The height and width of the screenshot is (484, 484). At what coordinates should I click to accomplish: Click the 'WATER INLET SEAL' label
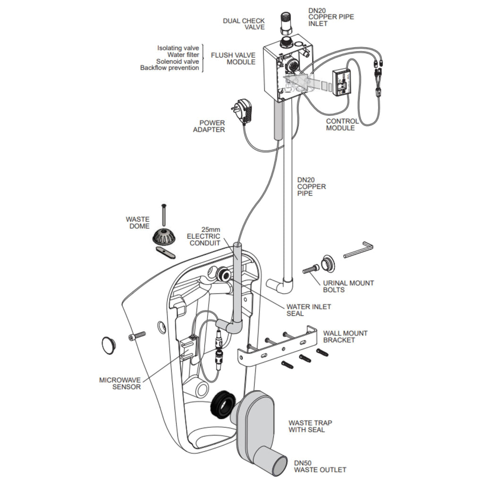(309, 310)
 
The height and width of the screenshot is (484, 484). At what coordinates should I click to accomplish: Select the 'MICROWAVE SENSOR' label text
(120, 383)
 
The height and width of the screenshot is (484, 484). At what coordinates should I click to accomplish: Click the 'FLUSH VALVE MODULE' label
(233, 58)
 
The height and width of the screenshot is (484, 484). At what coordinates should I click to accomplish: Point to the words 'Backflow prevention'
(170, 68)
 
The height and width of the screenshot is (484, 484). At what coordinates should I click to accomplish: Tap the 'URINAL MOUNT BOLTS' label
(348, 286)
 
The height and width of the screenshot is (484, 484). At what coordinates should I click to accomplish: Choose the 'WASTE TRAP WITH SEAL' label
(307, 426)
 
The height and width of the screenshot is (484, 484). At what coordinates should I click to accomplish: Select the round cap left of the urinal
(109, 345)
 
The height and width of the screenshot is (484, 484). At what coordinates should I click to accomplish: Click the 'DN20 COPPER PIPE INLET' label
(331, 17)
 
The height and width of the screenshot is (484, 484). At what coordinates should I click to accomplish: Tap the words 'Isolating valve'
(178, 48)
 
